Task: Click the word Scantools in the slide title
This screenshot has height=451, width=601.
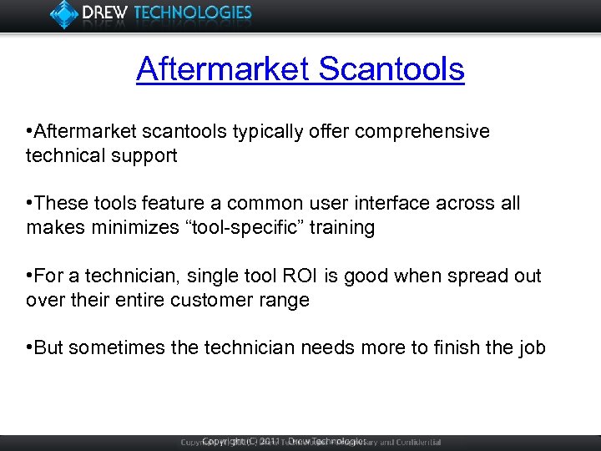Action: (x=391, y=68)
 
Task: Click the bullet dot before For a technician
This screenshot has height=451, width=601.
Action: (x=30, y=276)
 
